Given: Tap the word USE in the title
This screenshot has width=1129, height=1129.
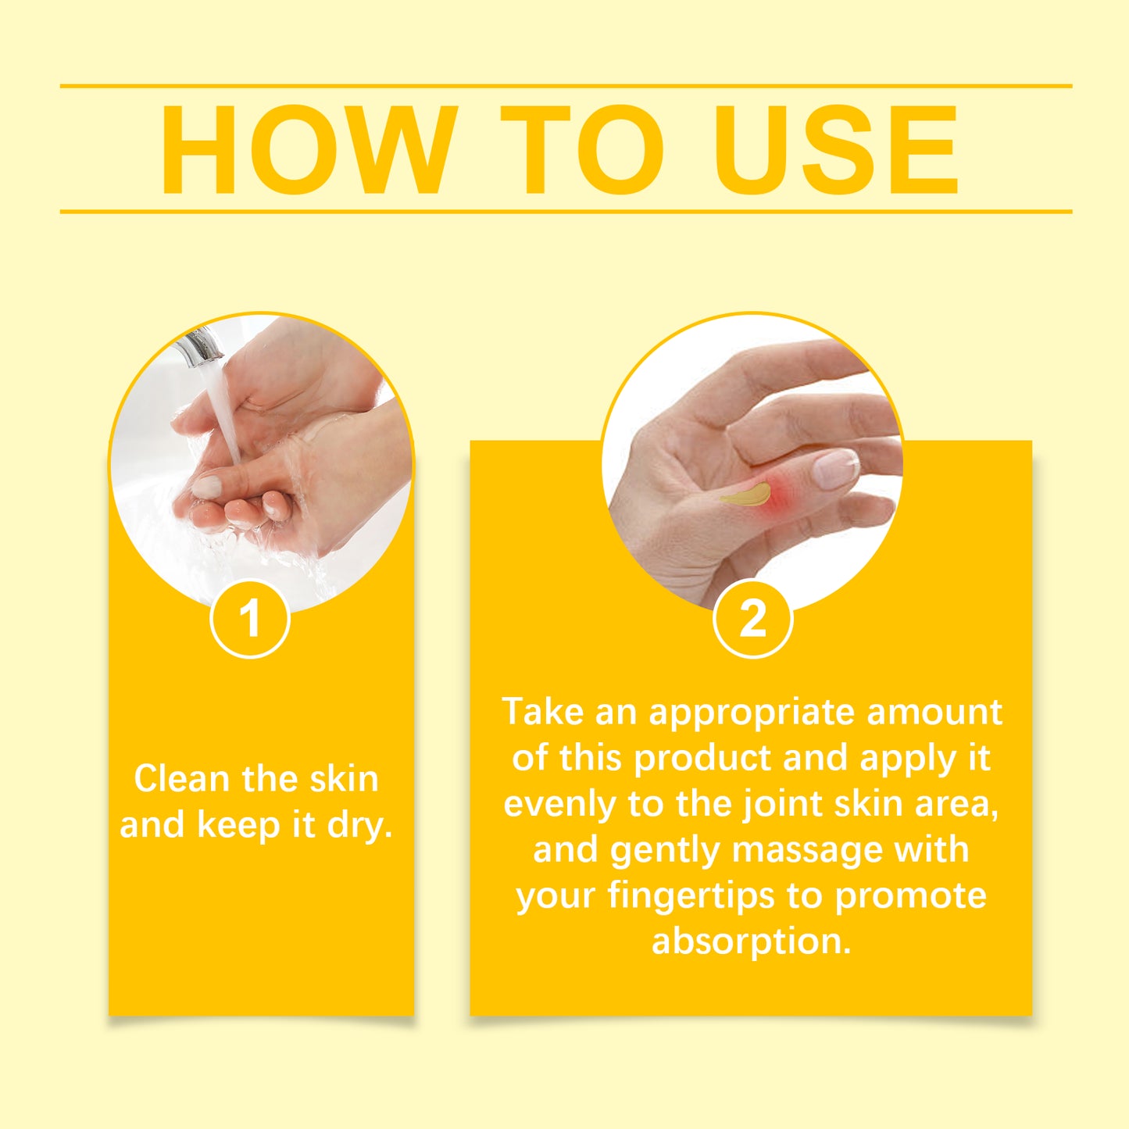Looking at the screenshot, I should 835,149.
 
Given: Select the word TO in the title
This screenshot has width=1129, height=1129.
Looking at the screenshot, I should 581,149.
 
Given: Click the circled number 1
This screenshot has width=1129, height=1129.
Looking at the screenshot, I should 250,619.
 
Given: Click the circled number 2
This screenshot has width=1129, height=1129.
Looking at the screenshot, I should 752,619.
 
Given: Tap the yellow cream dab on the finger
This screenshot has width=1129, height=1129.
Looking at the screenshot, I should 745,495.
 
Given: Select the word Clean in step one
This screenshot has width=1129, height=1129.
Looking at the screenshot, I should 181,779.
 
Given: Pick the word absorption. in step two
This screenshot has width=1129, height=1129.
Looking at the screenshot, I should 751,941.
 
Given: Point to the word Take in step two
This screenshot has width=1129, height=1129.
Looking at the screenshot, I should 542,712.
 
